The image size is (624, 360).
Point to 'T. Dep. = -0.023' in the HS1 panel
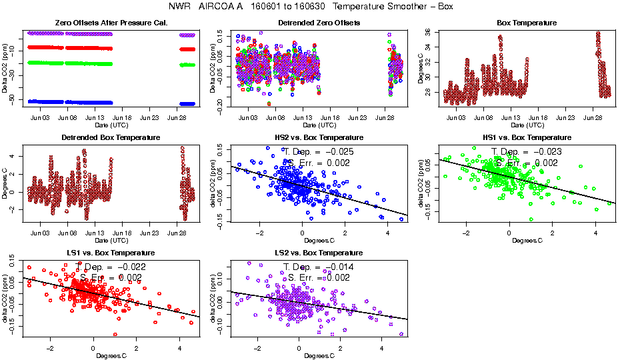(527, 151)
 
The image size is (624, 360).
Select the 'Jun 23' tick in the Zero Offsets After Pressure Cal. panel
(149, 117)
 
